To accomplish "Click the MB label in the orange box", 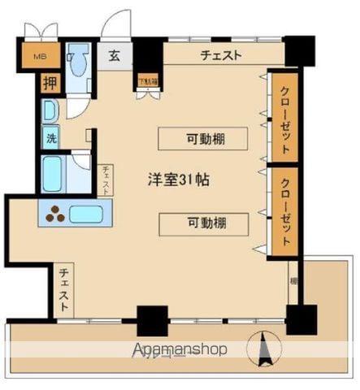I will coord(39,58).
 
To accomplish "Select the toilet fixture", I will coord(78,61).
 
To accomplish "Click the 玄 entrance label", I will coord(115,56).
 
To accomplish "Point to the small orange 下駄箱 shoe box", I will coord(147,80).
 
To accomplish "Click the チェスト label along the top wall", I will coord(222,55).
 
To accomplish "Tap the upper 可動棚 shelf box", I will coord(203,139).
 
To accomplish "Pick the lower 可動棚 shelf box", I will coord(203,223).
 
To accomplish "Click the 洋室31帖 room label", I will coord(178,180).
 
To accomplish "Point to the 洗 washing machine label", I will coord(51,138).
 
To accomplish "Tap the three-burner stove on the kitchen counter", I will coord(55,214).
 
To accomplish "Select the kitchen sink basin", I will coord(85,214).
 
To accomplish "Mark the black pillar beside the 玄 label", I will coord(148,56).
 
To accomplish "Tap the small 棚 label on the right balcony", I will coord(293,281).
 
